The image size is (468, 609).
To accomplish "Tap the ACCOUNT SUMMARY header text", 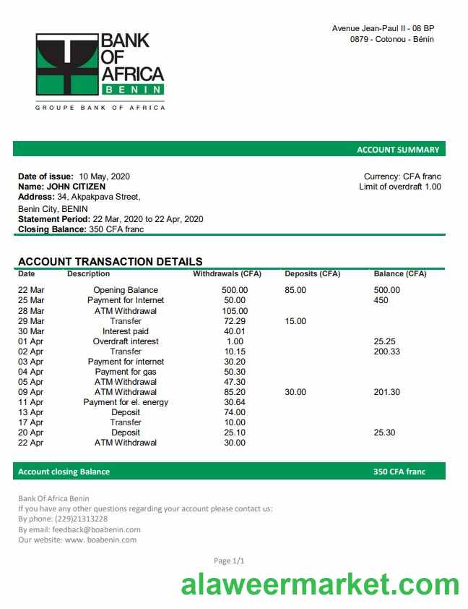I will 397,150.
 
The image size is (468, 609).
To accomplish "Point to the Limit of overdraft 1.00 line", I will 399,187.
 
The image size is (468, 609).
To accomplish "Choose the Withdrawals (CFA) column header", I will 227,274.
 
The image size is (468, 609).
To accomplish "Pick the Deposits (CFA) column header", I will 312,274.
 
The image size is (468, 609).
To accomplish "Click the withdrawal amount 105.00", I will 235,311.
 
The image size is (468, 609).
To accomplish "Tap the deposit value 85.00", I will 295,290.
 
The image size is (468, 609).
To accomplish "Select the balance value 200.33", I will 386,352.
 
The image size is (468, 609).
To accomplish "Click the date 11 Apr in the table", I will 31,402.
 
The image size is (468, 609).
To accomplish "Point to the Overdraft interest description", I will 126,341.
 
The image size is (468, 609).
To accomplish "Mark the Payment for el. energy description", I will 126,402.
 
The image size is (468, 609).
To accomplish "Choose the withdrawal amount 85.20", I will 235,392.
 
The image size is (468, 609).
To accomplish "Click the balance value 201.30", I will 386,392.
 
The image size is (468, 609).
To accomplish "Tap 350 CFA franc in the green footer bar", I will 399,472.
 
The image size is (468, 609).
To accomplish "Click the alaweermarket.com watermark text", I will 320,584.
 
